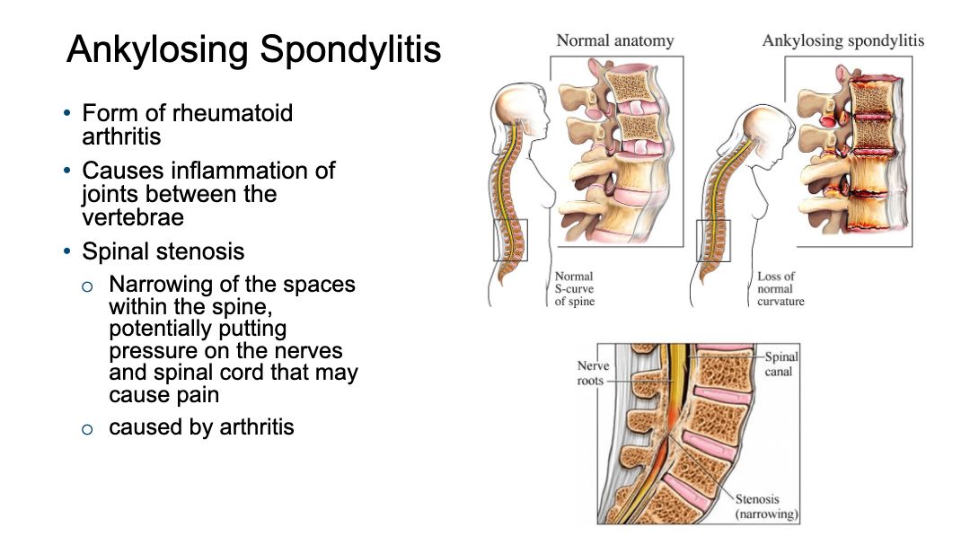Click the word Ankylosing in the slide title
[158, 50]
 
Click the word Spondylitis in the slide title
[351, 50]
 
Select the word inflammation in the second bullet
[239, 171]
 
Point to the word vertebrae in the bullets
[133, 218]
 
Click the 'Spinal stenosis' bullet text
[163, 251]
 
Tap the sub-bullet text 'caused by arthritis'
[202, 426]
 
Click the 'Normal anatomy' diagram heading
[615, 40]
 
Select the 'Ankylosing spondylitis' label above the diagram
[843, 40]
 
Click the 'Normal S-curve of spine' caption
[575, 289]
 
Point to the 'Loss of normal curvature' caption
[780, 289]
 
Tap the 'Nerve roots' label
[594, 373]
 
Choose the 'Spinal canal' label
[780, 364]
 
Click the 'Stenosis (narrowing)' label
[766, 506]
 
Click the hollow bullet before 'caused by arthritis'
[87, 429]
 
